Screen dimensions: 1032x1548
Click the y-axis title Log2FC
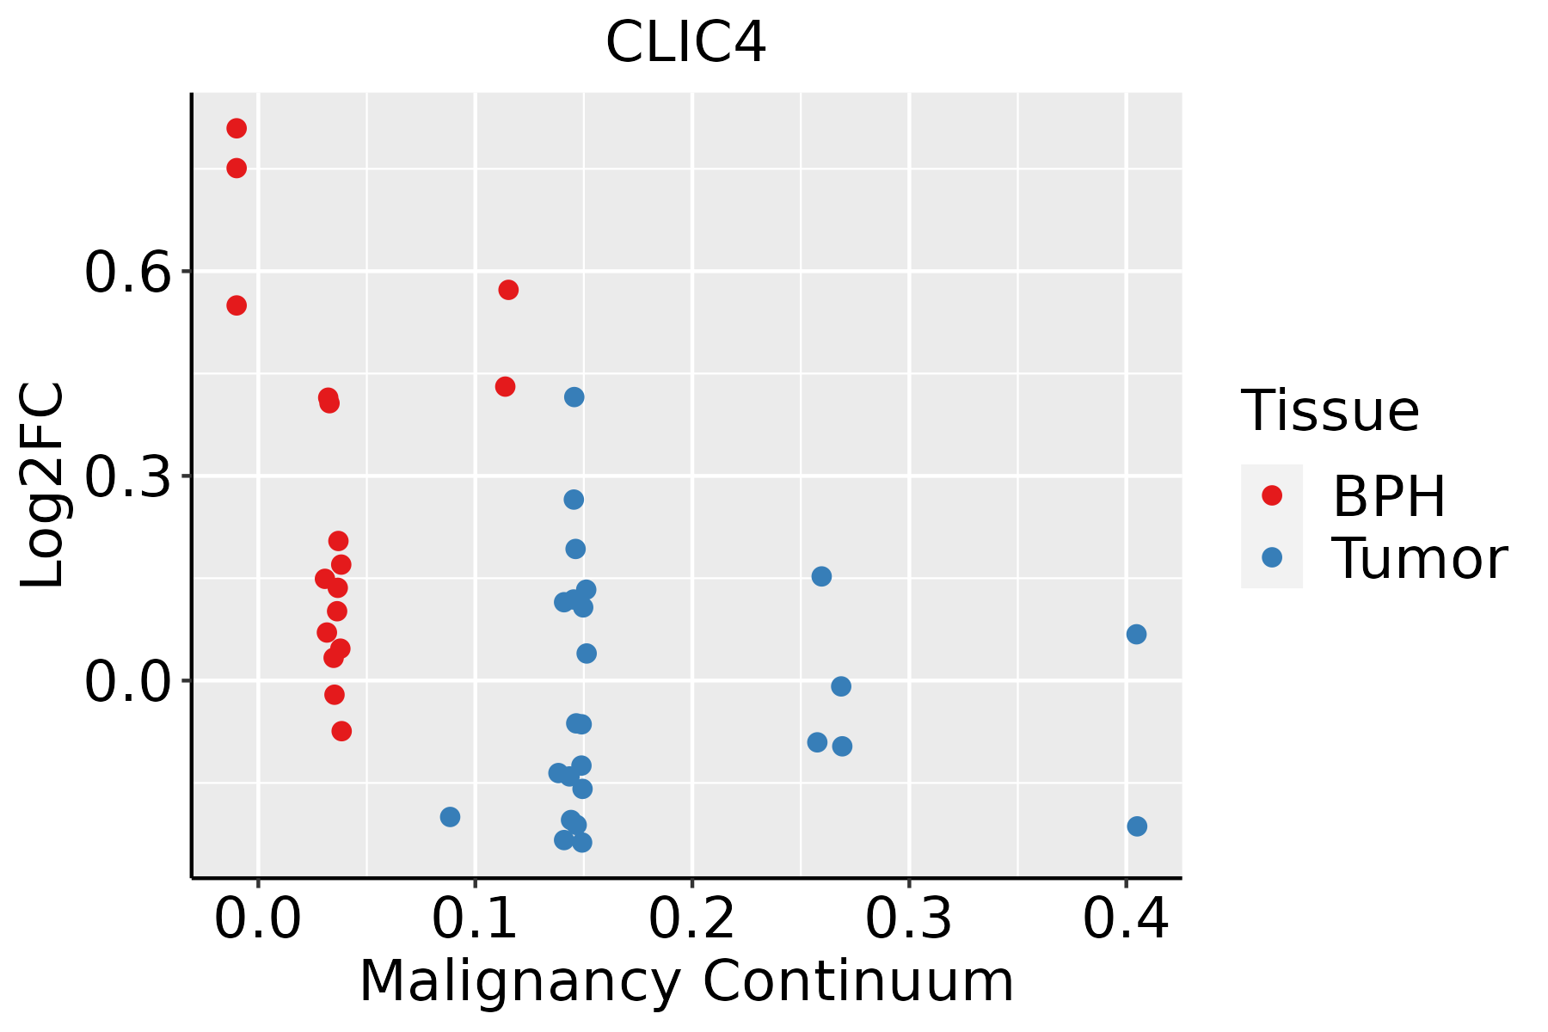(x=43, y=485)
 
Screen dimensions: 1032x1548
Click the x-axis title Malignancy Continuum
(x=685, y=981)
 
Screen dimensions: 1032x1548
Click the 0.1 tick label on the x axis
(x=475, y=918)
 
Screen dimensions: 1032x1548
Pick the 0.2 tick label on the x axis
(x=691, y=918)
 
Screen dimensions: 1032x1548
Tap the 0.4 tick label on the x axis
(x=1125, y=918)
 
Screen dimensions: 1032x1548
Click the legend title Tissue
(x=1330, y=411)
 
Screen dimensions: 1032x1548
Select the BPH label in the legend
(x=1388, y=496)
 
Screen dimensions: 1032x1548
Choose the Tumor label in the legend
(x=1419, y=559)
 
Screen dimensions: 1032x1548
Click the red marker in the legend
(x=1271, y=495)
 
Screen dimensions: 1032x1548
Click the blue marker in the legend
(x=1271, y=557)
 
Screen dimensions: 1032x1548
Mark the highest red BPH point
(x=236, y=129)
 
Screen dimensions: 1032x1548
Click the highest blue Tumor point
(x=574, y=397)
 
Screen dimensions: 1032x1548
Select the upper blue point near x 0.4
(x=1136, y=635)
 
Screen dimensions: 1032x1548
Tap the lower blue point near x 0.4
(x=1137, y=826)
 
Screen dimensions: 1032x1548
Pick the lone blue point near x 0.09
(x=450, y=817)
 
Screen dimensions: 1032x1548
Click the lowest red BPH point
(x=341, y=731)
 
